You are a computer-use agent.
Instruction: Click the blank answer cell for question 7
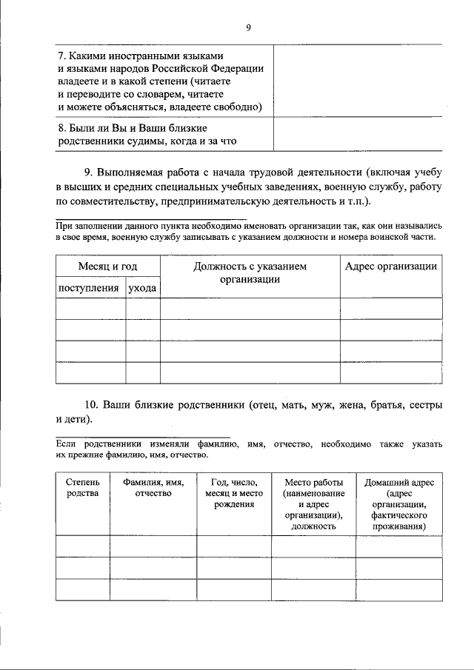[358, 81]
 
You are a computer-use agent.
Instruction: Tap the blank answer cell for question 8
[358, 134]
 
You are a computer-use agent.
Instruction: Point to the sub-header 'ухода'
[142, 288]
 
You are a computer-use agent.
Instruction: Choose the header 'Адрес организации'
[391, 267]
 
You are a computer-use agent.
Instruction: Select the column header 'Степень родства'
[82, 488]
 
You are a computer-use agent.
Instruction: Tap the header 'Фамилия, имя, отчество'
[153, 488]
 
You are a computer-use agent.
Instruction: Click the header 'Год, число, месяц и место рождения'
[233, 493]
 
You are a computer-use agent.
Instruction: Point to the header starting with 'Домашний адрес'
[399, 503]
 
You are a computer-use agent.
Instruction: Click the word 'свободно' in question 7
[240, 107]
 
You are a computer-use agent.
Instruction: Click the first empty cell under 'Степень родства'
[82, 545]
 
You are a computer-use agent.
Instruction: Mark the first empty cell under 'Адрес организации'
[391, 308]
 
